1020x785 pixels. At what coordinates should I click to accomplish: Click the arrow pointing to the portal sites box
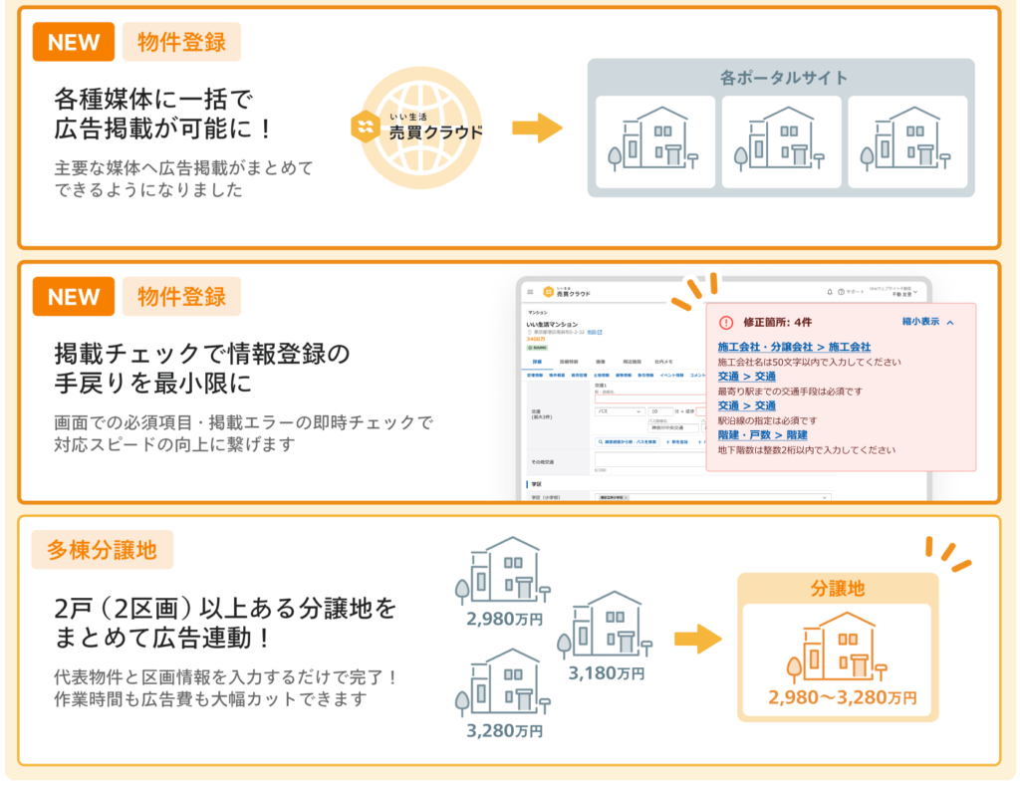537,128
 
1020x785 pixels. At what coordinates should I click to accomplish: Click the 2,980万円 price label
504,618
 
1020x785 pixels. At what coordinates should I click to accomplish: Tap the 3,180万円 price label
607,673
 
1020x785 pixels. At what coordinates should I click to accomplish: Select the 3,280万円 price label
504,730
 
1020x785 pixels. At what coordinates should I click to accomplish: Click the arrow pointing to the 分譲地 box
696,639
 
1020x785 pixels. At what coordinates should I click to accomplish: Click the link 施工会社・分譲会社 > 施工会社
794,347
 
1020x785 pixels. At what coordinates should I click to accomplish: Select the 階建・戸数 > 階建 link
762,435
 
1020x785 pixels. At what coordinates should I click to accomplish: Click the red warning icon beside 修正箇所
725,323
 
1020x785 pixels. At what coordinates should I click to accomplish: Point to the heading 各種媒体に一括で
153,99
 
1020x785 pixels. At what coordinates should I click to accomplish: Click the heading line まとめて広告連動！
184,639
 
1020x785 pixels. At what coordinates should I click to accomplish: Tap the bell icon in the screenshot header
830,292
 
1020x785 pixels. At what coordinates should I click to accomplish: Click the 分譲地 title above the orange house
837,589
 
